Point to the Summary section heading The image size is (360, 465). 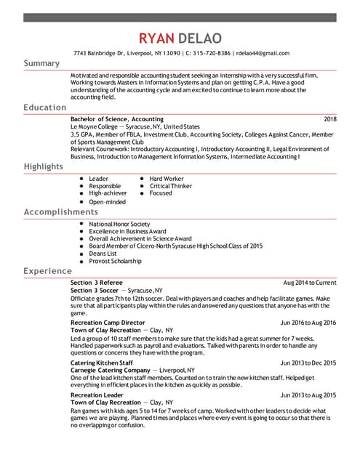coord(41,63)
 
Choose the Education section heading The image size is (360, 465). coord(44,108)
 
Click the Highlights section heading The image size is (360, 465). coord(43,166)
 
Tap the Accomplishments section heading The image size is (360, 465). coord(60,212)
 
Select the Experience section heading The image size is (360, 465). coord(47,271)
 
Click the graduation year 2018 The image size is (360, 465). coord(330,118)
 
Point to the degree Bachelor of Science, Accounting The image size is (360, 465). coord(117,118)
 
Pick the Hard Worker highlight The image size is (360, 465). coord(167,178)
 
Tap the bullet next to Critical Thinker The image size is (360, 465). coord(142,186)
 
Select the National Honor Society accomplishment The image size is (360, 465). coord(119,224)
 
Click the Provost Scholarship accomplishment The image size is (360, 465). coord(115,261)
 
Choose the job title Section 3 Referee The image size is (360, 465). coord(97,282)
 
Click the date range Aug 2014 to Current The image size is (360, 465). coord(310,282)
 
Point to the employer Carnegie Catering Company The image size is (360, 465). coord(110,370)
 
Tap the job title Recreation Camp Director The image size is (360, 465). coord(108,322)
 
